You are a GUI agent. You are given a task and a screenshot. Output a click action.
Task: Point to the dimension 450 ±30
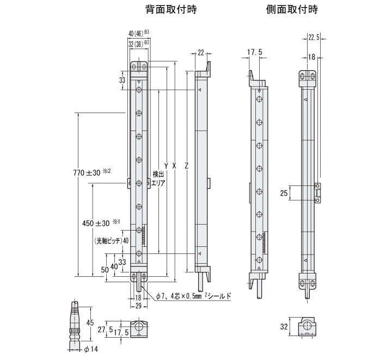point(96,223)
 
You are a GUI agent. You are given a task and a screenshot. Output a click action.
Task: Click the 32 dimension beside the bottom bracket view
point(283,328)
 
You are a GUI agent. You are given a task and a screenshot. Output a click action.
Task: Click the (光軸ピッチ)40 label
point(110,240)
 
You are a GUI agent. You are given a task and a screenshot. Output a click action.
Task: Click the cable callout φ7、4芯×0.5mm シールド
point(193,296)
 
